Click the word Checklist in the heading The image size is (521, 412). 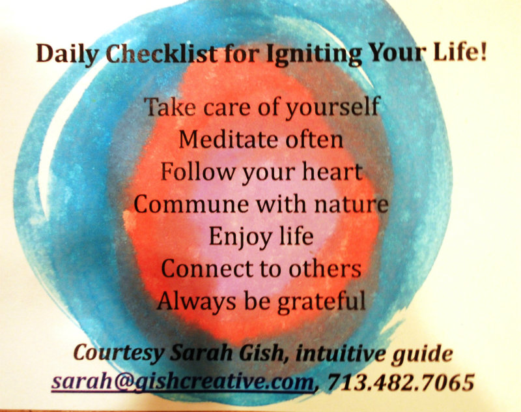point(162,54)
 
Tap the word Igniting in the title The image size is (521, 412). point(314,55)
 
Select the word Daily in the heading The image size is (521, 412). point(68,54)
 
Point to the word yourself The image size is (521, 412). point(332,108)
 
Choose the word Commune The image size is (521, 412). point(191,204)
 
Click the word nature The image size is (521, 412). point(351,204)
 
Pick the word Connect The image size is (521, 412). point(206,269)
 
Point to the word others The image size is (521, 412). point(324,269)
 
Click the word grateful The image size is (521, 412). point(322,302)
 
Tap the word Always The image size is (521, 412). point(197,302)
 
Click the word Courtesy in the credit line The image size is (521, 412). point(119,353)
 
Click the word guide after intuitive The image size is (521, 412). point(421,354)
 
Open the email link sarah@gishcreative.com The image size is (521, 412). point(183,382)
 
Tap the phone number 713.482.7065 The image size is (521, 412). point(401,382)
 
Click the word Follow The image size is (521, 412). point(198,171)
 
